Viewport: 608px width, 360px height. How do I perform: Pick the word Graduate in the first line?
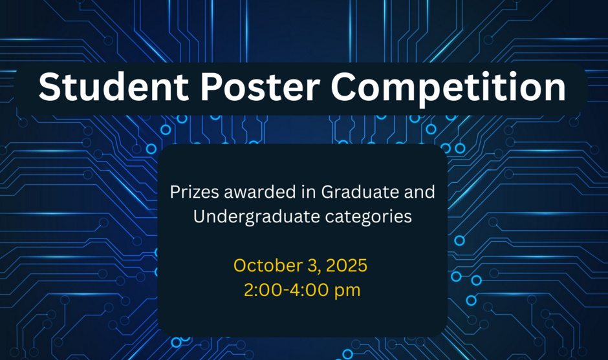354,193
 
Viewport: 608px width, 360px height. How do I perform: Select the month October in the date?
264,266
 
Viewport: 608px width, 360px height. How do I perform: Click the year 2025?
347,266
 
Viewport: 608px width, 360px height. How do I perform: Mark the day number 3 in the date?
310,266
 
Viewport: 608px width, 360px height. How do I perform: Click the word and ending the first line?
420,193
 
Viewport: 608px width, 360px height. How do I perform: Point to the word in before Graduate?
309,193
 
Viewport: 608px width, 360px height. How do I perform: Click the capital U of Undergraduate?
200,217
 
